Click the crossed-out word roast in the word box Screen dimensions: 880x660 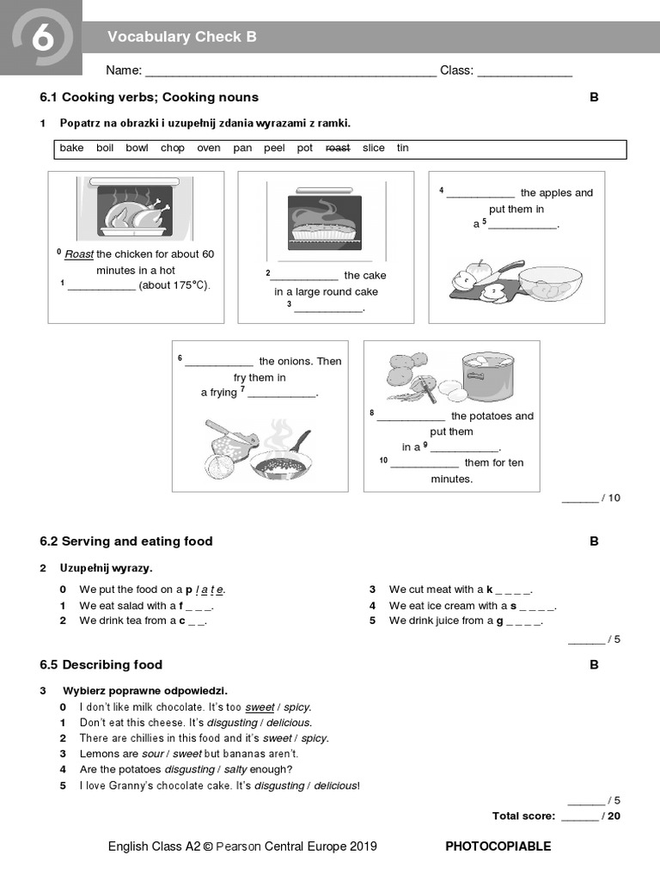(337, 148)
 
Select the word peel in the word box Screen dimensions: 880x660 (274, 148)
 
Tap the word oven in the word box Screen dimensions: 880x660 (208, 148)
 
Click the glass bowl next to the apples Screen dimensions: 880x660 (550, 283)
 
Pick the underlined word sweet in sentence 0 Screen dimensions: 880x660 (260, 707)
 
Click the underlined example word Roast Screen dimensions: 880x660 (79, 254)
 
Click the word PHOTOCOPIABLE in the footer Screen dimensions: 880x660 (498, 846)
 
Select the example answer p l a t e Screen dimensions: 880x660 (205, 590)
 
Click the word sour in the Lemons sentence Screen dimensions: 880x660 (152, 754)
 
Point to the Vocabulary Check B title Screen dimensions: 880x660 (181, 37)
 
